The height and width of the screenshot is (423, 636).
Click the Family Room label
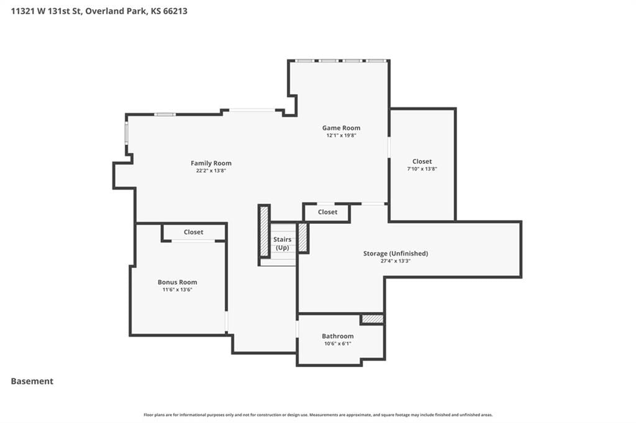211,163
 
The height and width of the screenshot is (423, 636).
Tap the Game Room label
341,128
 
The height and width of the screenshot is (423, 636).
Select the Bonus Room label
177,282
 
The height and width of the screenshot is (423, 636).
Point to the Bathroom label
337,336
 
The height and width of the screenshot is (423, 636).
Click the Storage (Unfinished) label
396,253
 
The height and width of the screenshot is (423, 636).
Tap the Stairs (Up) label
283,244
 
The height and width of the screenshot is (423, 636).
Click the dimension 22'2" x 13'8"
211,171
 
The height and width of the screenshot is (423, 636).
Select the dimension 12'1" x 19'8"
341,135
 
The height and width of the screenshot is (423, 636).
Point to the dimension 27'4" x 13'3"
396,261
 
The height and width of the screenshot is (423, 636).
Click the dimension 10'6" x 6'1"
337,344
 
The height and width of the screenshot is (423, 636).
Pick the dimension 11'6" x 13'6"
177,290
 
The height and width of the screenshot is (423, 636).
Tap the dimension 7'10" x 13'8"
422,169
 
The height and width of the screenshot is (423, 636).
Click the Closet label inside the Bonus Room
194,232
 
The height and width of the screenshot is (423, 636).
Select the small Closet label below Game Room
327,212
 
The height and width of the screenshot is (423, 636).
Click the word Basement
32,381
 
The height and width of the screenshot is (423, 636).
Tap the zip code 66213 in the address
175,11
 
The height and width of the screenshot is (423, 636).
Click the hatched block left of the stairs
264,231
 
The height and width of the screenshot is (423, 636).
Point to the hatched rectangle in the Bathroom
373,319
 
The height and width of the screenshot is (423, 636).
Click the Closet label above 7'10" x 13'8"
422,161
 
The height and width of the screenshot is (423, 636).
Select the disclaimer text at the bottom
318,415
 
